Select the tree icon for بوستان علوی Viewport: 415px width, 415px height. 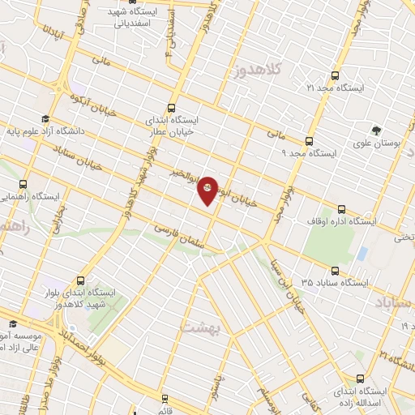[375, 130]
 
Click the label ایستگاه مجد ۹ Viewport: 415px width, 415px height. [307, 152]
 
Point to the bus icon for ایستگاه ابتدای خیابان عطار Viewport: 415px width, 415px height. [171, 107]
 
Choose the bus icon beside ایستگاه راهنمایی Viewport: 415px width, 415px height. [22, 184]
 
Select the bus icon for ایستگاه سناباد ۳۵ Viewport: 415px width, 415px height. [333, 271]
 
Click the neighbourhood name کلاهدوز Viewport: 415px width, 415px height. [256, 71]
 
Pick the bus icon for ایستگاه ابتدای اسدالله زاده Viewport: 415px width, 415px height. [361, 379]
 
